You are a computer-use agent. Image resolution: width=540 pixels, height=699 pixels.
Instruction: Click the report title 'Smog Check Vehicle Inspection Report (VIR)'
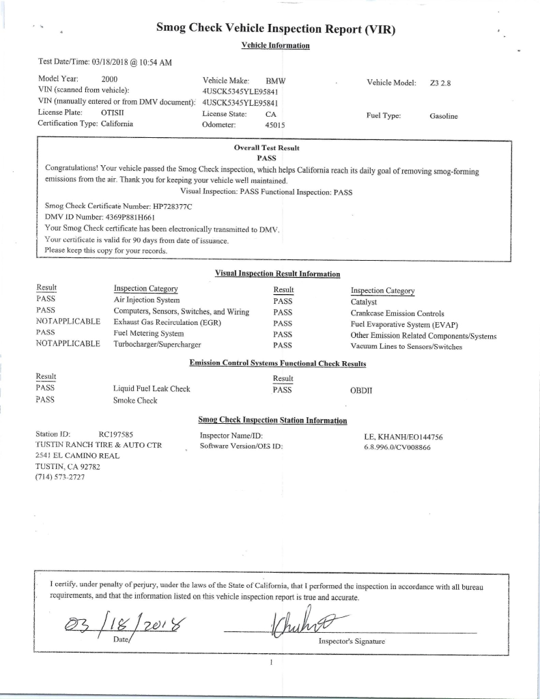(276, 29)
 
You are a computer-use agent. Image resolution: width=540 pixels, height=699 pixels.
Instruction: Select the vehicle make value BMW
(275, 81)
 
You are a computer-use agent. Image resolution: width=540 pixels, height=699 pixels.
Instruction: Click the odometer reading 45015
(274, 125)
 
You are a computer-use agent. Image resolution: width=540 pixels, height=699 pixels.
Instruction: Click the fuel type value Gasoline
(444, 117)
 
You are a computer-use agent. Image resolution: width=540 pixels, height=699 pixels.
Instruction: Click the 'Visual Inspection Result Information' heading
(277, 274)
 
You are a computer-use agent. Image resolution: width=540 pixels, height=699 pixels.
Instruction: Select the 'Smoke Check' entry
(135, 401)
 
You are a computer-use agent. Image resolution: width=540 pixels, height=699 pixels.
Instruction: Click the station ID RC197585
(116, 434)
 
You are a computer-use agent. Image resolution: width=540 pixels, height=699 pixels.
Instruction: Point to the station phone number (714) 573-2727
(61, 477)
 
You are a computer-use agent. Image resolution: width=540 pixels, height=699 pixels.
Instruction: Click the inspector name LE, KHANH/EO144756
(404, 436)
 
